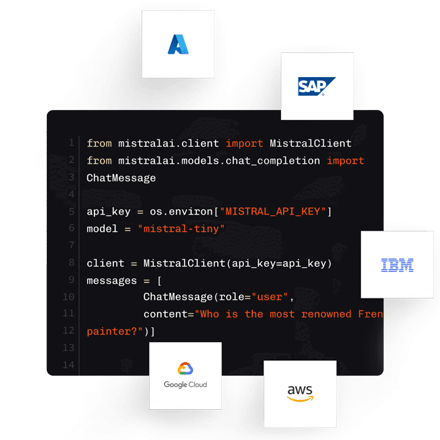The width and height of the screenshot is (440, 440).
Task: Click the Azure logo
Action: click(x=178, y=44)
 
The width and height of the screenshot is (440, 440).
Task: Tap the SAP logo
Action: click(x=317, y=87)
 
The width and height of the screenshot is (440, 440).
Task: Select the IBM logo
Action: click(x=397, y=265)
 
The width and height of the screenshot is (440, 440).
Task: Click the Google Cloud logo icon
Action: click(x=185, y=369)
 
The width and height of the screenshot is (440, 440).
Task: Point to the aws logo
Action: click(x=300, y=394)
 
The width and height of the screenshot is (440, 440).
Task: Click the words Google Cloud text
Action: click(x=185, y=385)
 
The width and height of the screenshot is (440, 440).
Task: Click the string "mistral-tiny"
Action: click(x=181, y=229)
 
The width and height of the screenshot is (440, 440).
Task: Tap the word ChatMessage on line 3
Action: click(x=121, y=178)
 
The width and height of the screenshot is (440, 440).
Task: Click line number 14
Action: click(x=69, y=365)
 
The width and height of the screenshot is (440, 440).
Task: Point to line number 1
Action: click(x=71, y=144)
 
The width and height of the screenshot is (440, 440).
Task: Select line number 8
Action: click(x=71, y=263)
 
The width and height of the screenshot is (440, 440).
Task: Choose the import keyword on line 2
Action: click(x=345, y=161)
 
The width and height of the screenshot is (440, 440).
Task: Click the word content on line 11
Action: click(x=166, y=314)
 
